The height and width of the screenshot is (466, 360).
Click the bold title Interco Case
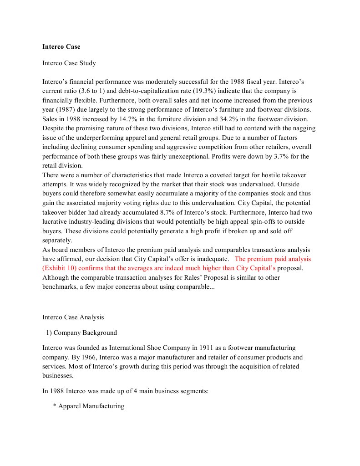coord(61,46)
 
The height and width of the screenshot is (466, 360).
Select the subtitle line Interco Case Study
coord(69,63)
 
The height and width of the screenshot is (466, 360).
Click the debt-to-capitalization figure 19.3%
coord(222,91)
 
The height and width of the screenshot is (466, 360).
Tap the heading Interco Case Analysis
coord(73,317)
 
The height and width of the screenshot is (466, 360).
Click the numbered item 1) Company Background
coord(81,333)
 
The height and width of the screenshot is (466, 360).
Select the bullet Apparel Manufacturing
coord(91,406)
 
